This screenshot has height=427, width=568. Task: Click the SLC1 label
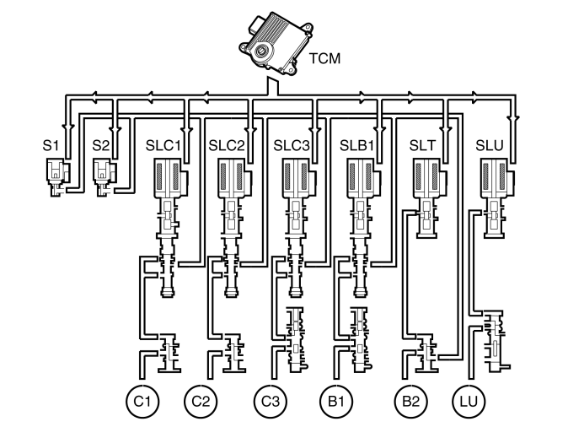(165, 144)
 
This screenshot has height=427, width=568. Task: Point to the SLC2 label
(228, 144)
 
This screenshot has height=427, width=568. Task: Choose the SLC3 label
(293, 144)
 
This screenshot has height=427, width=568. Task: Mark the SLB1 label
(357, 144)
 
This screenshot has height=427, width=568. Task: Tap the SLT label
(421, 144)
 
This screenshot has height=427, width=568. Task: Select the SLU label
(490, 144)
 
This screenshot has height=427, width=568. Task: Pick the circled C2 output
(200, 397)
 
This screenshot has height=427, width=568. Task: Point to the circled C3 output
(269, 397)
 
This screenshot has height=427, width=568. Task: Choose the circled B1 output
(335, 397)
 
